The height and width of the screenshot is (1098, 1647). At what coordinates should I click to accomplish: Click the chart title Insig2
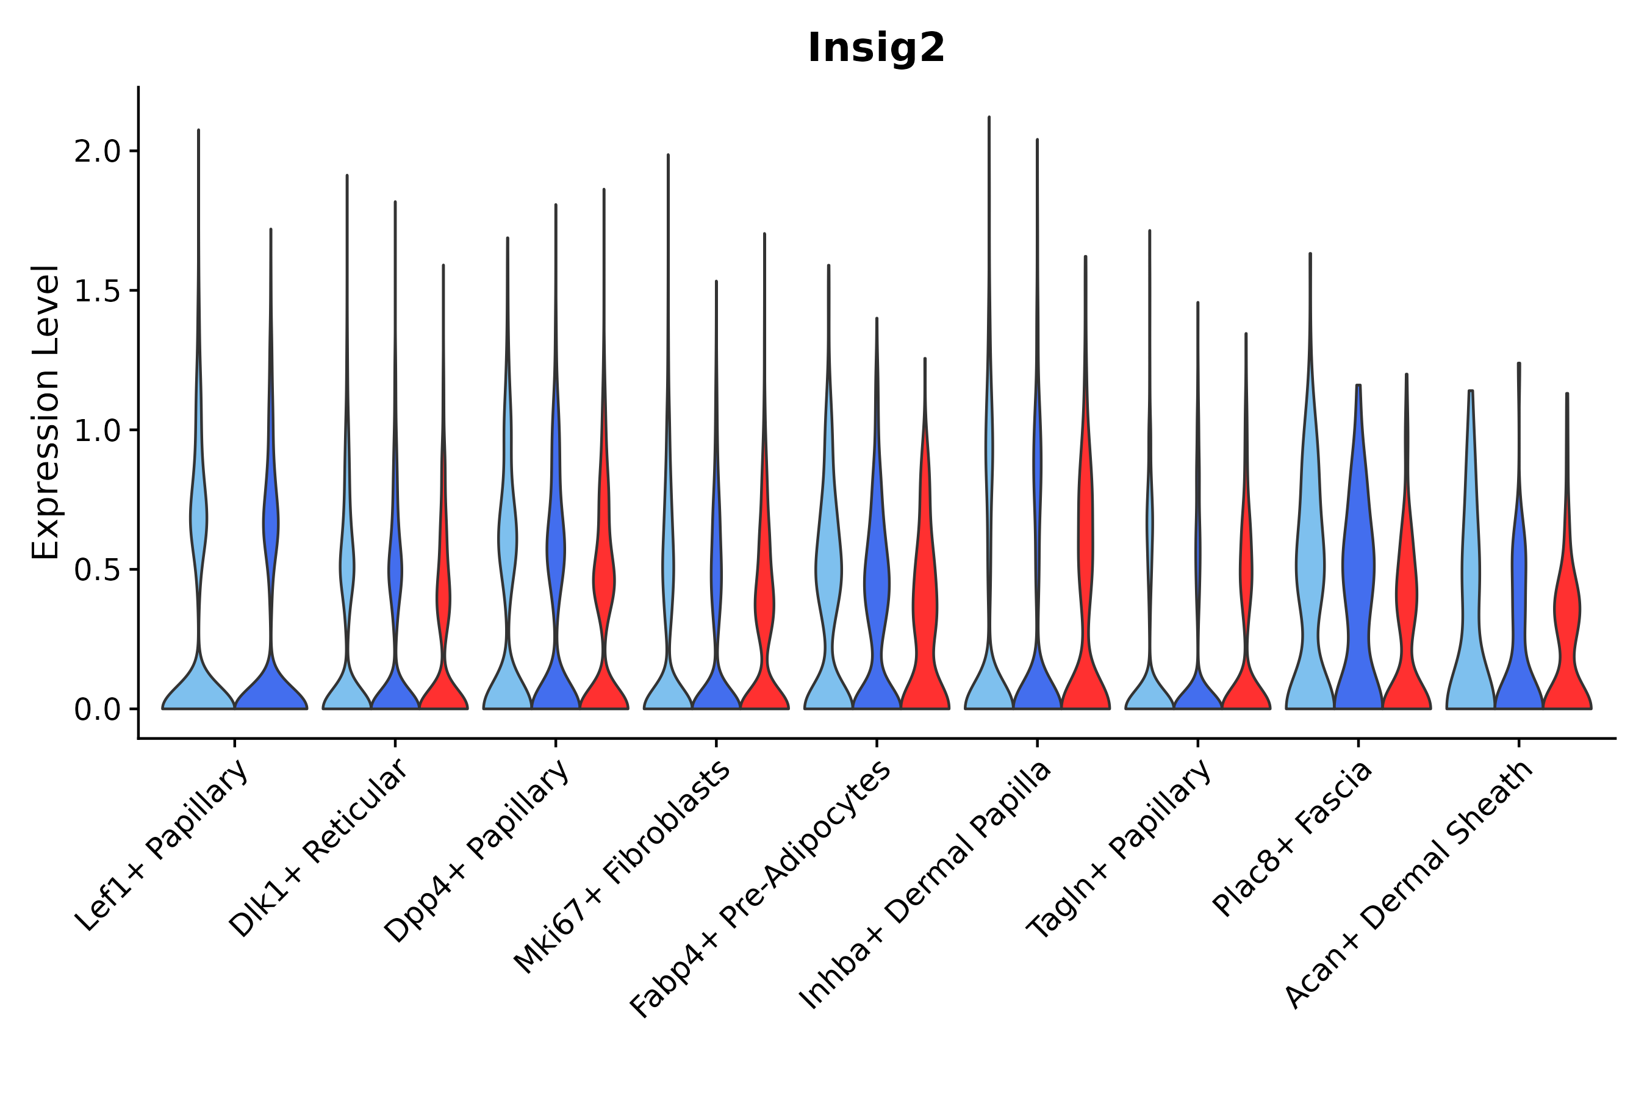click(x=876, y=48)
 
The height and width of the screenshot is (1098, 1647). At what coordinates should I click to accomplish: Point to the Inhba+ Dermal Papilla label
click(x=926, y=885)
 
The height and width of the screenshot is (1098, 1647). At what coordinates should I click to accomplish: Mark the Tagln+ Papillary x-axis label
click(x=1119, y=849)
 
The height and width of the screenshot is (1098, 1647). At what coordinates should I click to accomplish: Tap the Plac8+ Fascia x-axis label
click(x=1293, y=839)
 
